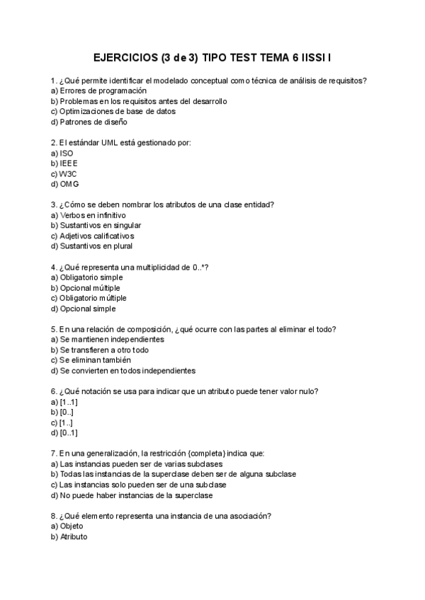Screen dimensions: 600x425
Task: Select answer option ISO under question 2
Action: point(66,153)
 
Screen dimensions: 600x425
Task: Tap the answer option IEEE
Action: point(69,163)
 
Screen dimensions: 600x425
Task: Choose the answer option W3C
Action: point(68,173)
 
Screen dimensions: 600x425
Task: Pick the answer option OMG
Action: point(69,184)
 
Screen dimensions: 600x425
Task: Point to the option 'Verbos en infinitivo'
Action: point(93,215)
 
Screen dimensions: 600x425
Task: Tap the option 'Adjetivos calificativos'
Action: point(97,236)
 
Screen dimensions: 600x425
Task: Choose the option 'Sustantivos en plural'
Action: point(96,246)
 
